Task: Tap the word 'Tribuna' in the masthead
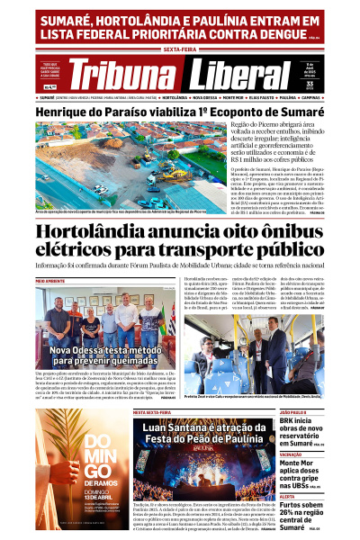point(131,75)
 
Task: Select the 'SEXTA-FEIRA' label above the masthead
point(180,51)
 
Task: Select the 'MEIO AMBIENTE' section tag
point(50,282)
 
